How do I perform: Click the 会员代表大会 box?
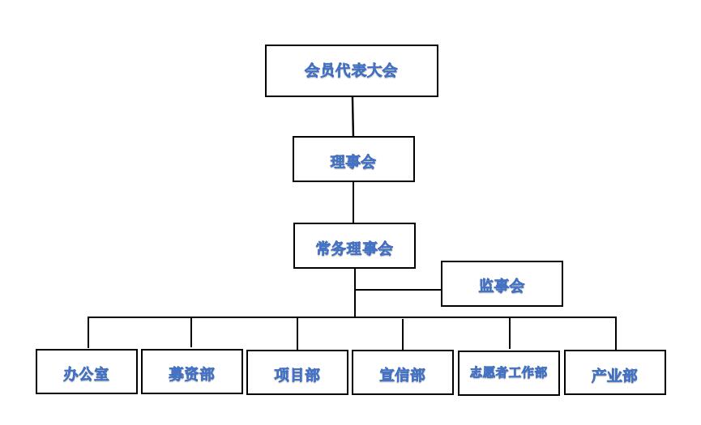[x=351, y=71]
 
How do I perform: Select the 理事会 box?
[x=353, y=159]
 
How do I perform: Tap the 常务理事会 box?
[x=354, y=245]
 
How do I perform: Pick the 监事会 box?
[x=502, y=283]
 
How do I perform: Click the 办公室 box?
[x=87, y=372]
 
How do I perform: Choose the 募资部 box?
[x=192, y=372]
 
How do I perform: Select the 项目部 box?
[x=297, y=373]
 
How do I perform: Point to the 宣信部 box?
[x=403, y=373]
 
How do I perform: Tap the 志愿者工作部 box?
[x=509, y=373]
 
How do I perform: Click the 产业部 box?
[x=614, y=373]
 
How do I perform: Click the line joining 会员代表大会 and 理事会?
[x=353, y=117]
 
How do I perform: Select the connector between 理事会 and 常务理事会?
[x=353, y=202]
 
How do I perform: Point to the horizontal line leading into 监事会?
[x=398, y=290]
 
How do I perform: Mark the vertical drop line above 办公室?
[x=88, y=333]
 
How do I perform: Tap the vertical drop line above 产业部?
[x=616, y=334]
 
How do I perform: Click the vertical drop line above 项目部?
[x=297, y=334]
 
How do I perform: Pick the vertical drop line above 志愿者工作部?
[x=510, y=334]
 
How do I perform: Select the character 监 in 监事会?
[x=486, y=286]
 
